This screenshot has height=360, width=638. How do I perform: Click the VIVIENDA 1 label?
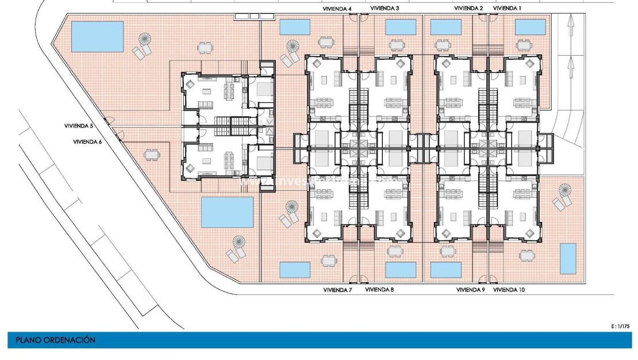click(508, 9)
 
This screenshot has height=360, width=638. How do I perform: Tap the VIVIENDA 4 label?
click(337, 9)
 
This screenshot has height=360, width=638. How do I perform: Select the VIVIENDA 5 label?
click(79, 125)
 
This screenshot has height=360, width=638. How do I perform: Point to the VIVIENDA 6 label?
click(87, 141)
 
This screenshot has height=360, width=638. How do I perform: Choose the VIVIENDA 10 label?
click(509, 290)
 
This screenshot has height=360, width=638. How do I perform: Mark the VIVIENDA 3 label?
click(385, 9)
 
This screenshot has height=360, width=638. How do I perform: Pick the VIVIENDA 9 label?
click(471, 290)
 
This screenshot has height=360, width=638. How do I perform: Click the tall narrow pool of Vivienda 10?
click(568, 258)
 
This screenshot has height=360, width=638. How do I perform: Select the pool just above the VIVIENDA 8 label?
click(401, 269)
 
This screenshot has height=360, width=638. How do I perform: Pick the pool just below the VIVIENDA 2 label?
click(445, 27)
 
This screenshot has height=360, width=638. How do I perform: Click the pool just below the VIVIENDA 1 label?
click(530, 27)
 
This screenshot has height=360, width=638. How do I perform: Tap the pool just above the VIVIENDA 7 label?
click(294, 269)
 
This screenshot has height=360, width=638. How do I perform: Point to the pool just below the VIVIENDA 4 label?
click(294, 27)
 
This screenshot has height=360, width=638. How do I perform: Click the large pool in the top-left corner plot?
click(97, 36)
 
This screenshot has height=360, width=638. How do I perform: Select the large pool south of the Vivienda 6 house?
click(227, 212)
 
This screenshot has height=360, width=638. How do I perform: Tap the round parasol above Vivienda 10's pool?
click(565, 189)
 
